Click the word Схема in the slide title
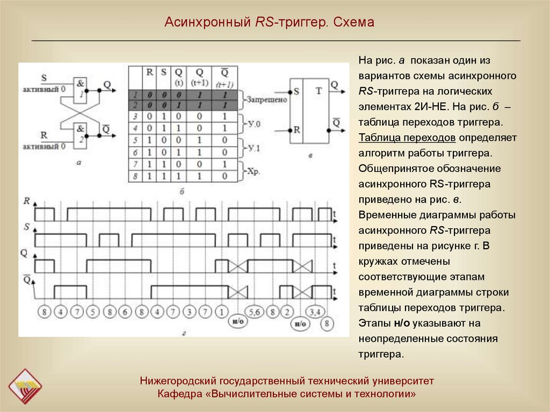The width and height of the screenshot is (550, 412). pyautogui.click(x=353, y=23)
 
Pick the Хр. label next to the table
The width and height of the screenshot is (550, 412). pyautogui.click(x=254, y=171)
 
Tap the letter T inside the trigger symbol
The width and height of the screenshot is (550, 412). pyautogui.click(x=319, y=91)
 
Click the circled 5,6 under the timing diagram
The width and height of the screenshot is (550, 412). pyautogui.click(x=255, y=311)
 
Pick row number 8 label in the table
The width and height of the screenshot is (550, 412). pyautogui.click(x=136, y=176)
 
